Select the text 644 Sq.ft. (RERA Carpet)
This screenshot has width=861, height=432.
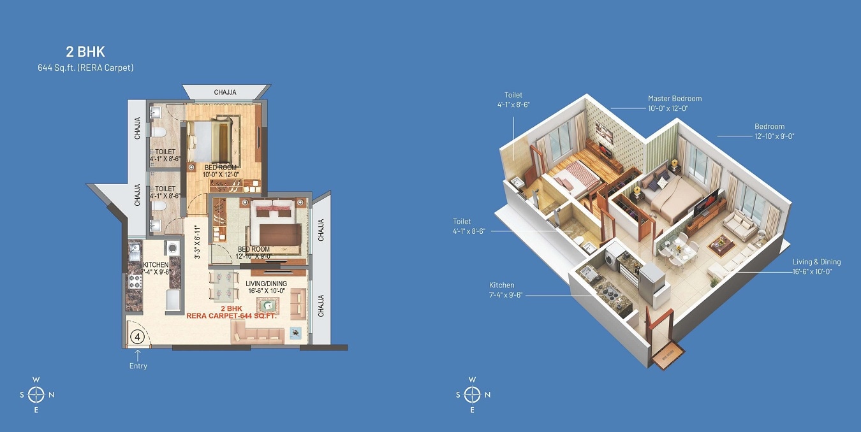(x=85, y=67)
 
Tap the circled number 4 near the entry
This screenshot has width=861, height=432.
(x=136, y=336)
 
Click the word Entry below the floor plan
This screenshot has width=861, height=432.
(x=138, y=366)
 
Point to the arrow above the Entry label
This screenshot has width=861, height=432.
(x=138, y=354)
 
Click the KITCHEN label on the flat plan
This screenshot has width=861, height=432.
(x=155, y=264)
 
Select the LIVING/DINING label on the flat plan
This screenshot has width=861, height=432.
(x=267, y=284)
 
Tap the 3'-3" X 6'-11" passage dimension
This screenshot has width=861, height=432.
(x=198, y=242)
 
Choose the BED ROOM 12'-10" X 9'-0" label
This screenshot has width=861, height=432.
(x=254, y=252)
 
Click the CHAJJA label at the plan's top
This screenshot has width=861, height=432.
(x=224, y=92)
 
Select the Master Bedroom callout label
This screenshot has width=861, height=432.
(x=674, y=99)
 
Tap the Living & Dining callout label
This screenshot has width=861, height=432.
(x=816, y=262)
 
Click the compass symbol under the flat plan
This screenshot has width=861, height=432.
(x=36, y=394)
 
